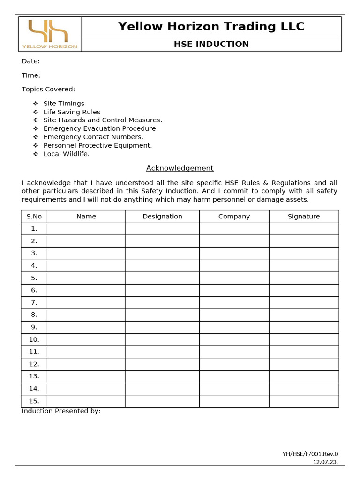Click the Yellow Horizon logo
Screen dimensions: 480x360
[50, 34]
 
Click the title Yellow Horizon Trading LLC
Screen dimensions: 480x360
[211, 27]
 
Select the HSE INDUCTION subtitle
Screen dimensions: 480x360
[211, 45]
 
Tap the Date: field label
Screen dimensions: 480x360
[30, 61]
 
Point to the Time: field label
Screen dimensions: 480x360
[31, 75]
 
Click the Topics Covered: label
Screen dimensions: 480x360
[48, 90]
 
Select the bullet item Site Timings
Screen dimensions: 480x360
[64, 104]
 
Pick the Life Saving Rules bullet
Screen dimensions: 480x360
[72, 112]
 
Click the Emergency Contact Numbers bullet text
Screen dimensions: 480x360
[93, 137]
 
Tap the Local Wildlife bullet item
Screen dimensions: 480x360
[66, 154]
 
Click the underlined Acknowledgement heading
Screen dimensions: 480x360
[180, 168]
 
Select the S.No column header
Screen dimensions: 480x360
[34, 217]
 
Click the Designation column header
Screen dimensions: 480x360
[162, 217]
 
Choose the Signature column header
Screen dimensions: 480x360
[304, 217]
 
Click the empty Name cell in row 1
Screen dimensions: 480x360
[86, 229]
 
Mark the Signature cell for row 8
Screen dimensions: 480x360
[304, 315]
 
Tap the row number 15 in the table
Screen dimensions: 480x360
[34, 401]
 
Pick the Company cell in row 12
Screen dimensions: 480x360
[234, 364]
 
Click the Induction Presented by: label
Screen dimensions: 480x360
[61, 411]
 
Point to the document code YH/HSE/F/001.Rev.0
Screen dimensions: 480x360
[310, 454]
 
